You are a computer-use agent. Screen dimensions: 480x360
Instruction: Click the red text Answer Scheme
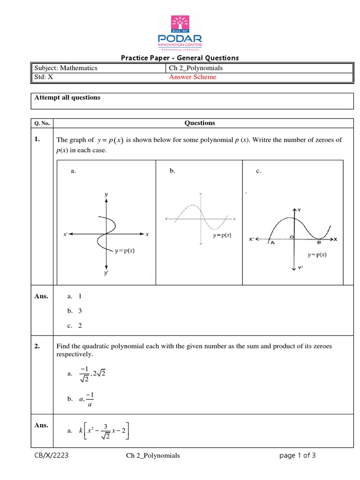click(193, 77)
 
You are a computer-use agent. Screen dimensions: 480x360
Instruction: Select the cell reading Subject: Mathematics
click(65, 68)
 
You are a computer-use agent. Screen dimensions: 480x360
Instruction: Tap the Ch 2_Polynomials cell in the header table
click(196, 68)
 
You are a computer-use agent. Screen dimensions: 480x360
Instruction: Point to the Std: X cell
click(43, 77)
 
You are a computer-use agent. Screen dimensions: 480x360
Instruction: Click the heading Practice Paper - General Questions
click(180, 58)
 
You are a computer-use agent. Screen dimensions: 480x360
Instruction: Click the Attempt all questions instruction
click(67, 97)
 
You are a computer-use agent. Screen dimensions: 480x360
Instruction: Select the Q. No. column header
click(42, 123)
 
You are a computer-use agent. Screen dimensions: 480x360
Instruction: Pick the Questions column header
click(200, 123)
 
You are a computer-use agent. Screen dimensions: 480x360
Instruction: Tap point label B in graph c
click(319, 243)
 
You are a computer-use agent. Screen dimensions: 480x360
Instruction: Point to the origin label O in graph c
click(291, 238)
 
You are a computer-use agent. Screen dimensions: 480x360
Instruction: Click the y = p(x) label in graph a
click(128, 251)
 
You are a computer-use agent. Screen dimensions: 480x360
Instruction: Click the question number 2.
click(36, 346)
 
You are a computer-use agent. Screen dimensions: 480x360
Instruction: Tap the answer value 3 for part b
click(80, 311)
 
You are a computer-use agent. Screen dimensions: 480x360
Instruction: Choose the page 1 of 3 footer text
click(298, 455)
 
